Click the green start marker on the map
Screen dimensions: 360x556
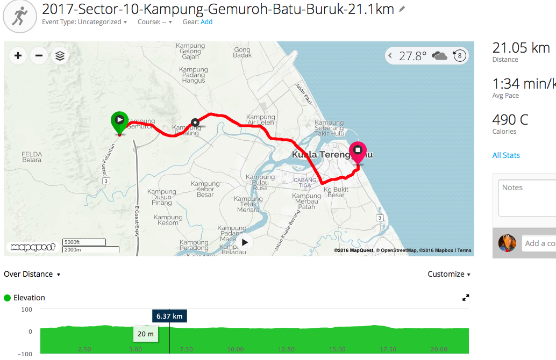point(118,121)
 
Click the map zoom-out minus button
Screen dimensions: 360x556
point(39,55)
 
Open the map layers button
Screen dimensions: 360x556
point(60,55)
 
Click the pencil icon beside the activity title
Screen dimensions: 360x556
point(402,9)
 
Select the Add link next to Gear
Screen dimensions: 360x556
point(206,22)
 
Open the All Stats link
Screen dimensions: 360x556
point(506,155)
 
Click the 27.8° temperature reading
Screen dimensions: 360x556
point(412,55)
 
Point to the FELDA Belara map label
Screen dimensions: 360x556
point(32,157)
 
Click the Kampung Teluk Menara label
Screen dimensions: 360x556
point(248,204)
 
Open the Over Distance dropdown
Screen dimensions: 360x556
point(32,274)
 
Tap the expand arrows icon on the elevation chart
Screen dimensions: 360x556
point(466,298)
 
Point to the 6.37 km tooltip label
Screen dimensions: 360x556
point(169,316)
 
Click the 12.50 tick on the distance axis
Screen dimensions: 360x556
point(286,349)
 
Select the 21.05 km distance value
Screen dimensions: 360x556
point(521,47)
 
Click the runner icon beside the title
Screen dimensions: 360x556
point(20,16)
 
